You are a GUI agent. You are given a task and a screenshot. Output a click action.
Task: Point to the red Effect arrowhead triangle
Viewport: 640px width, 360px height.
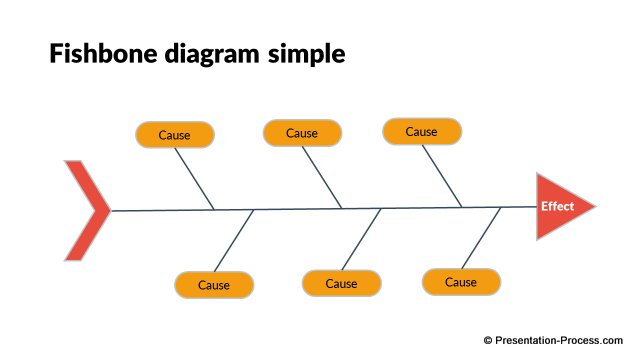pos(562,207)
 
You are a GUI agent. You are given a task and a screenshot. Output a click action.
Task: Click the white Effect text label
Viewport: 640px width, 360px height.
pos(557,207)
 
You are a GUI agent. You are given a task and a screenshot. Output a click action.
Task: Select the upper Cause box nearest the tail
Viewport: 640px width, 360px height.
pos(175,134)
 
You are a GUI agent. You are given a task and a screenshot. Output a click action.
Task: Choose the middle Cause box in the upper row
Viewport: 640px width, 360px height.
pos(302,133)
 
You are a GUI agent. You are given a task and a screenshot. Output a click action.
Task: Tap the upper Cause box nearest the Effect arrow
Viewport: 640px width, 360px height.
pos(422,131)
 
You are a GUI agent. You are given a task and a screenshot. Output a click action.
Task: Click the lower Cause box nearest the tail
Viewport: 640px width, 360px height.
pos(214,285)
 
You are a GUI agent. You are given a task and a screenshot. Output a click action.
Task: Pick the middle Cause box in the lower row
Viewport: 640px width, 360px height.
pos(341,284)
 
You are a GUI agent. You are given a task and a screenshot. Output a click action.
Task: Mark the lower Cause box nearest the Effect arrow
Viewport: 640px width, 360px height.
pos(461,282)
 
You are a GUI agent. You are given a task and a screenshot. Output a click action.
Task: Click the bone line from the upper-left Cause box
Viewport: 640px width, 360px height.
pos(194,178)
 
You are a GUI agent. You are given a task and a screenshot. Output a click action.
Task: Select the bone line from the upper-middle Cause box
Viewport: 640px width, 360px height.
pos(321,177)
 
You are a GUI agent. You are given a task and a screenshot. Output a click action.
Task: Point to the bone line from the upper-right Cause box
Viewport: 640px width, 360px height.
pos(441,175)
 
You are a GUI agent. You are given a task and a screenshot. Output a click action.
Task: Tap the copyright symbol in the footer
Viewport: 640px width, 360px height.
pos(488,341)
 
